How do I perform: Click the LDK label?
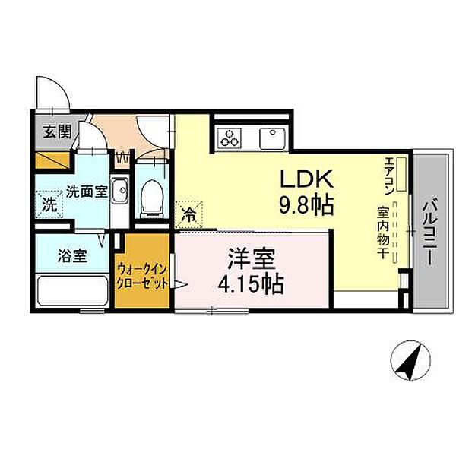(x=308, y=179)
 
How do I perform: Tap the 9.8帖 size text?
(x=308, y=204)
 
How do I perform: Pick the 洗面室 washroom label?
(x=85, y=192)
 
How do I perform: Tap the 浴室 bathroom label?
(x=71, y=255)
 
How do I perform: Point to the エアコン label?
(x=388, y=175)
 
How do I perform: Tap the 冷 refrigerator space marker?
(x=188, y=215)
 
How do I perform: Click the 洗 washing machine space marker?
(x=48, y=205)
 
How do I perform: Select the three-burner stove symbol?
(x=229, y=138)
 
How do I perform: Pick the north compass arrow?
(x=410, y=360)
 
